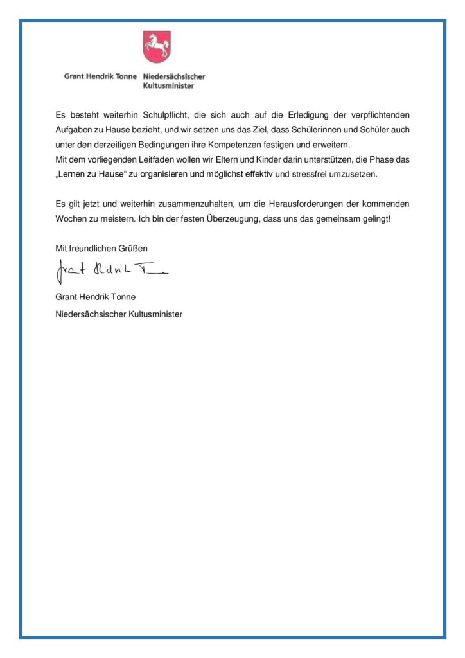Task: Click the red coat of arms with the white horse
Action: [156, 46]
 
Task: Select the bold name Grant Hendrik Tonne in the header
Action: [100, 76]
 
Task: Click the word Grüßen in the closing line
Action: [134, 248]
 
